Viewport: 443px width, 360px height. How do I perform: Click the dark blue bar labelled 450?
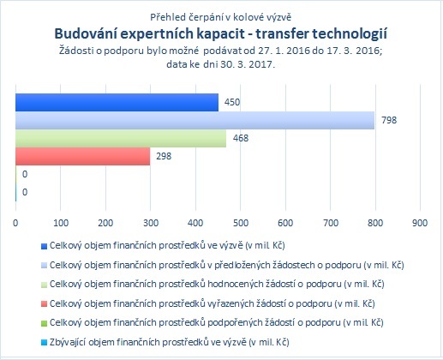(x=117, y=102)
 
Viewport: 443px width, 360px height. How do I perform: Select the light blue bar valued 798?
(x=195, y=120)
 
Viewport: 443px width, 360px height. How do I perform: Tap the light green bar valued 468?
(x=121, y=139)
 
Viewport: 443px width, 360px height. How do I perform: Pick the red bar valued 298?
(x=83, y=156)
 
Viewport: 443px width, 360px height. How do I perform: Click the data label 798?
(x=389, y=120)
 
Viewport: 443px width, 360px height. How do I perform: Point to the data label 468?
(x=241, y=138)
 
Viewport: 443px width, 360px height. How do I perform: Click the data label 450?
(x=232, y=102)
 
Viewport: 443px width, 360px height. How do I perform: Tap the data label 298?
(x=164, y=156)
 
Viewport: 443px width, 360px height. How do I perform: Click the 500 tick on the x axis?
(x=241, y=223)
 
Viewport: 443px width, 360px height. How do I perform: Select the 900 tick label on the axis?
(x=420, y=223)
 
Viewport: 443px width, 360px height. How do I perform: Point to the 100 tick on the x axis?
(x=61, y=223)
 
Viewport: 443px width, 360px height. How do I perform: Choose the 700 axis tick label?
(x=331, y=223)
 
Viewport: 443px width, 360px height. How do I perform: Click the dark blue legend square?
(x=44, y=246)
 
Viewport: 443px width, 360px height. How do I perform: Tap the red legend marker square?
(x=44, y=304)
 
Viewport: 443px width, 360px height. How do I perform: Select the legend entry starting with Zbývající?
(x=170, y=342)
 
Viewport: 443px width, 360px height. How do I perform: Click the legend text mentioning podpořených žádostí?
(x=217, y=322)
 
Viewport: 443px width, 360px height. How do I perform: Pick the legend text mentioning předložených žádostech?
(x=227, y=265)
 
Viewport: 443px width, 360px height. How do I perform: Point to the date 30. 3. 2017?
(x=248, y=64)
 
